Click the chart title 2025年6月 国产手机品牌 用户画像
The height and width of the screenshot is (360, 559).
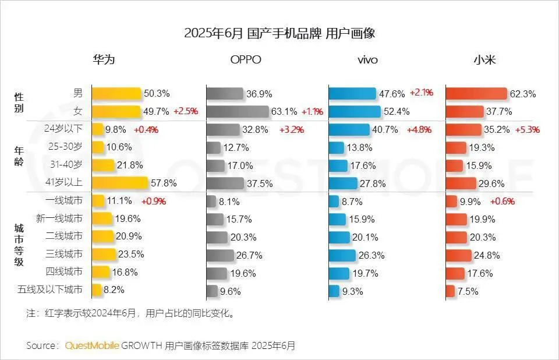point(279,33)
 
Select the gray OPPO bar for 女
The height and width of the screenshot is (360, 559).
point(238,111)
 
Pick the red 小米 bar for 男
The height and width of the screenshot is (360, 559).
point(476,94)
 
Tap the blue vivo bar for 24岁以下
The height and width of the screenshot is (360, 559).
point(349,129)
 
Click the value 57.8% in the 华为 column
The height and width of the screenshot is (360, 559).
point(164,183)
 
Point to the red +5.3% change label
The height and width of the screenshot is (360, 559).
point(528,129)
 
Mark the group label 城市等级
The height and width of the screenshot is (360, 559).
point(19,245)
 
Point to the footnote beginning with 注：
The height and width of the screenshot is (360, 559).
point(130,313)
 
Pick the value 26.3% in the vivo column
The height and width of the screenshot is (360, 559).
point(373,254)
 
